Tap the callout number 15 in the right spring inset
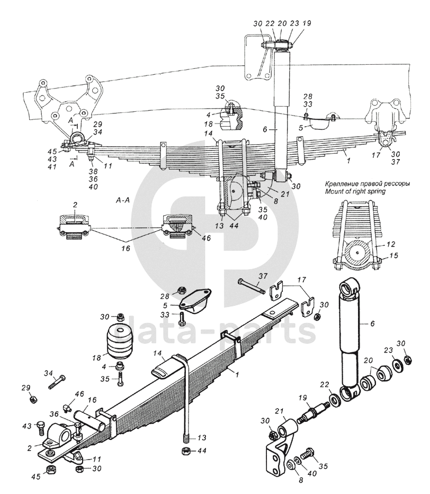393,255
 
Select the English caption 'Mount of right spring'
355,191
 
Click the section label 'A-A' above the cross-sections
121,200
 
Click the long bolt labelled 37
251,286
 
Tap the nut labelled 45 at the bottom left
51,470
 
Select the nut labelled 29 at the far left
33,400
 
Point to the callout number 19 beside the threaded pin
302,398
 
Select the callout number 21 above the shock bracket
280,411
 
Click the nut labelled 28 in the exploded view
181,290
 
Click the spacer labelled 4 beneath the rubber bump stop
120,366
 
